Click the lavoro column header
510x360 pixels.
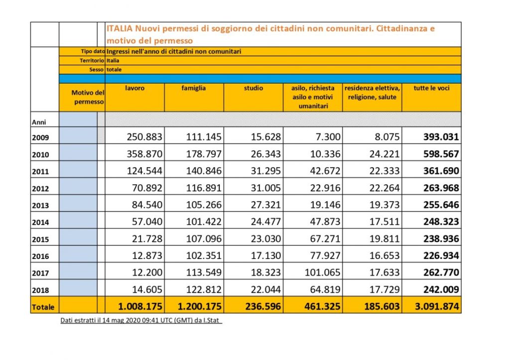(x=134, y=88)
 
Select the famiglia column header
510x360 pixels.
(x=194, y=88)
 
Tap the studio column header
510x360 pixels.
(x=254, y=88)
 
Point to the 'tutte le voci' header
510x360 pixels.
(x=431, y=88)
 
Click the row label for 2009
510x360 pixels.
(x=40, y=137)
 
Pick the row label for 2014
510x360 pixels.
(x=40, y=223)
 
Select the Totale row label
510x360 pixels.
(x=43, y=307)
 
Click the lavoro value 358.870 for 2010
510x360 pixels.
(x=144, y=154)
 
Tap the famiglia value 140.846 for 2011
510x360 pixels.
(x=204, y=171)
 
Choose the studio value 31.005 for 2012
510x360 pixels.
(x=266, y=188)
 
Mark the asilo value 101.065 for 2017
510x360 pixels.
(x=322, y=272)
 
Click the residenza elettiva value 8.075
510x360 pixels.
(x=387, y=137)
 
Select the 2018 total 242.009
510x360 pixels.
(x=441, y=289)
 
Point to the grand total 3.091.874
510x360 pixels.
(x=437, y=306)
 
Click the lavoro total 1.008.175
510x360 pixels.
(x=140, y=306)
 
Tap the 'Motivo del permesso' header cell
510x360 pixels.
(x=88, y=97)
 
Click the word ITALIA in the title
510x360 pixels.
(x=120, y=28)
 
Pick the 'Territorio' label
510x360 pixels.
(x=92, y=60)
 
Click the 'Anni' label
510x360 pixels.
(x=39, y=122)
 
